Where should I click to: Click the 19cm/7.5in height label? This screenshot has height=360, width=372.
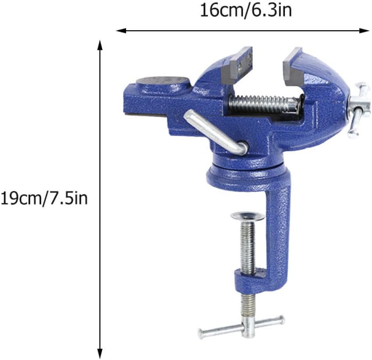click(x=44, y=198)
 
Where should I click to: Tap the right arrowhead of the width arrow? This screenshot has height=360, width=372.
click(x=366, y=30)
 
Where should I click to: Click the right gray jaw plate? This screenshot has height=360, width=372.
click(x=293, y=67)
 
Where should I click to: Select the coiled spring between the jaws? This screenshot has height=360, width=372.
click(x=263, y=104)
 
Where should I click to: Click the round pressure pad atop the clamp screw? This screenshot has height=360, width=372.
click(x=247, y=216)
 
